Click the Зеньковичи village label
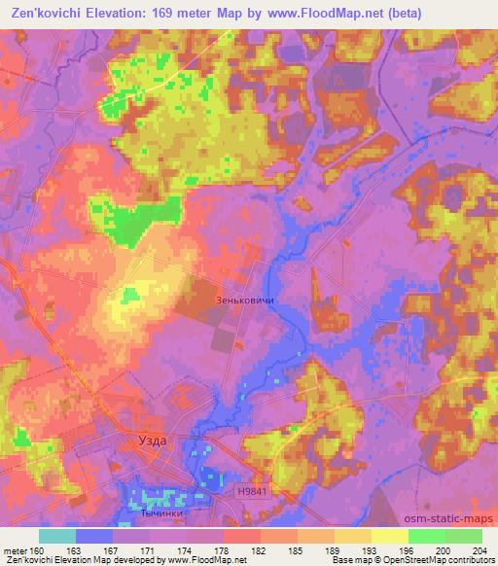(245, 301)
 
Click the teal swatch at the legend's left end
(57, 536)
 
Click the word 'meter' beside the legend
(14, 549)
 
